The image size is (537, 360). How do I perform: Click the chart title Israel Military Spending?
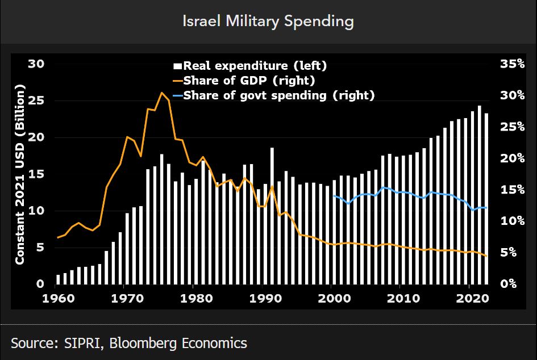pyautogui.click(x=268, y=22)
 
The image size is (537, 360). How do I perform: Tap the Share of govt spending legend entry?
pyautogui.click(x=279, y=95)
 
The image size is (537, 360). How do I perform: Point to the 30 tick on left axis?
pyautogui.click(x=36, y=64)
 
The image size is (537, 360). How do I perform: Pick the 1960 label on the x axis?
pyautogui.click(x=57, y=298)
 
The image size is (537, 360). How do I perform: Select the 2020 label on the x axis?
pyautogui.click(x=472, y=298)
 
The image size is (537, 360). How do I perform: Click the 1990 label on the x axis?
pyautogui.click(x=264, y=298)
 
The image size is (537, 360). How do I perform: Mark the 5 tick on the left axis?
pyautogui.click(x=40, y=248)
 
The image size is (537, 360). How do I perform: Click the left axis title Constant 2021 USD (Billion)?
pyautogui.click(x=20, y=174)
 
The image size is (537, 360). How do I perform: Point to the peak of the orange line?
pyautogui.click(x=161, y=93)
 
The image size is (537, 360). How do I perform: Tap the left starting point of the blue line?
pyautogui.click(x=334, y=196)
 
